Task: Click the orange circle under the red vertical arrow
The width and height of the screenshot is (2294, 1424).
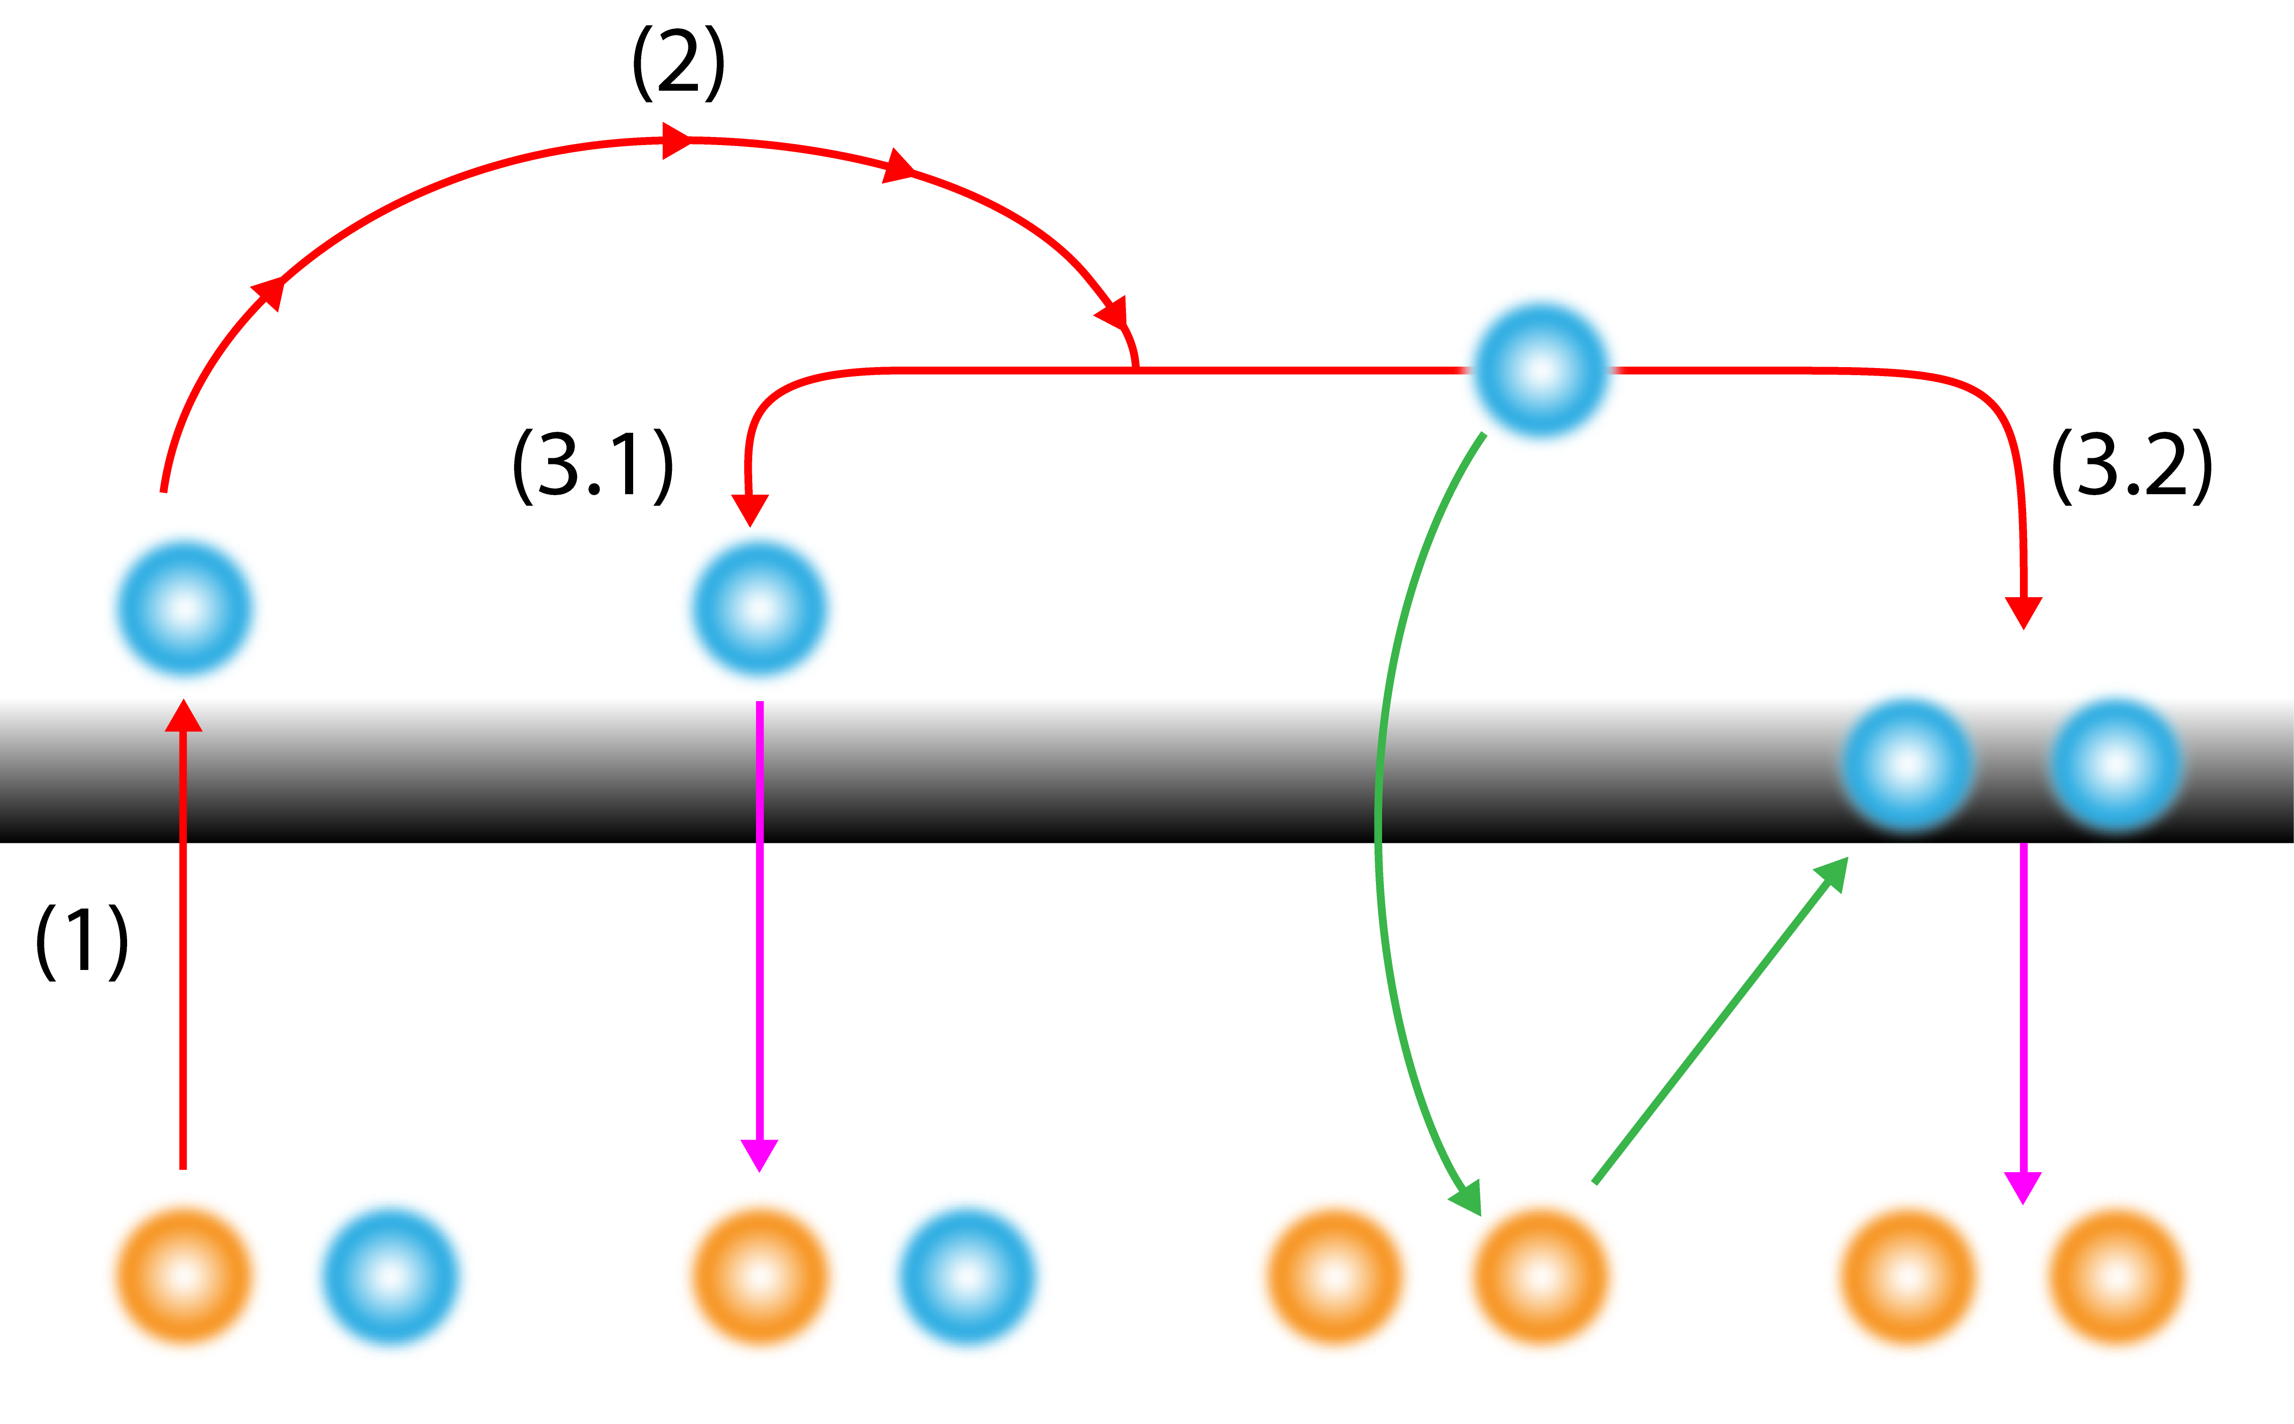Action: coord(183,1276)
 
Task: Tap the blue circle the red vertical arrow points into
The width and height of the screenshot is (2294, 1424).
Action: coord(184,608)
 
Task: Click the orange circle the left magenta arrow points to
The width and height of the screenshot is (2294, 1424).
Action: coord(759,1276)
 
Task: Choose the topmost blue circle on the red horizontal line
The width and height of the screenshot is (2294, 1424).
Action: coord(1540,369)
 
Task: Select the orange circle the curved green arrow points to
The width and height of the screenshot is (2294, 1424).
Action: coord(1540,1276)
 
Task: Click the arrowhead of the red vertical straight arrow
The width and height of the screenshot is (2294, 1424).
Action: coord(184,716)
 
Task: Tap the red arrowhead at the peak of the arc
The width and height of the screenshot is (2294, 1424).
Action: coord(676,140)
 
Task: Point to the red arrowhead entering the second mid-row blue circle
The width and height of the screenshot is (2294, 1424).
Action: coord(749,508)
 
